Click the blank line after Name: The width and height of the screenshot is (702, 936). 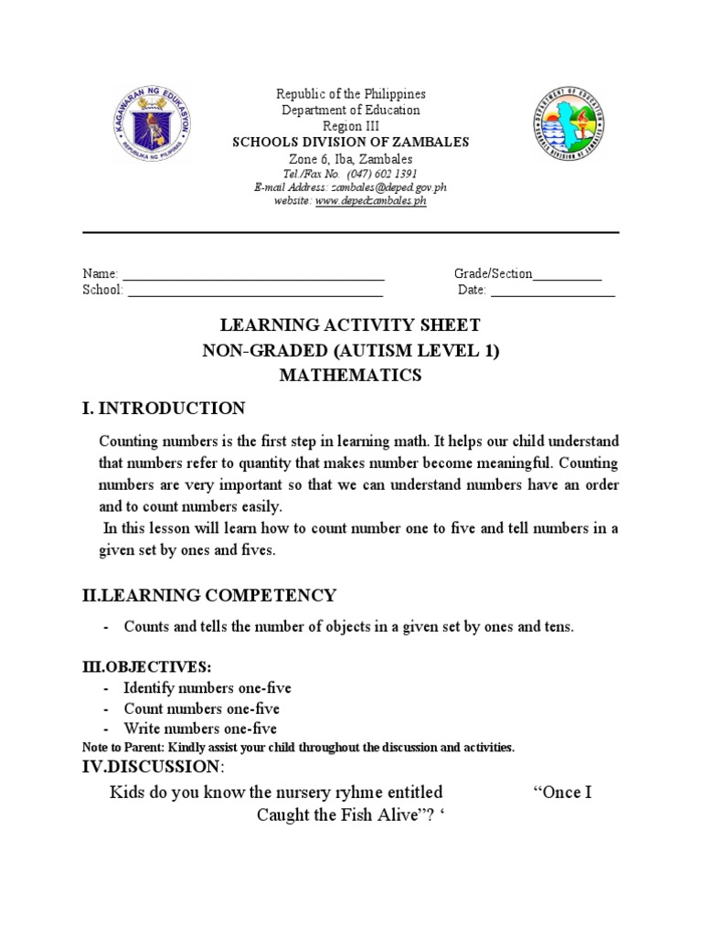[253, 275]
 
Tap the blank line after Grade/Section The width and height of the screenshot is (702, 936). [567, 275]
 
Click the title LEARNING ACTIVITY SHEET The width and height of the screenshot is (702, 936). [351, 326]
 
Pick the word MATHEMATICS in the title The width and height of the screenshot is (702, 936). [351, 375]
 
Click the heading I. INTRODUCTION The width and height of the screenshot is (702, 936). [165, 408]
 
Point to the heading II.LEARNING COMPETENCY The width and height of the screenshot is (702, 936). [209, 596]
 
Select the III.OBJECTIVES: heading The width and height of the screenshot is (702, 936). [147, 668]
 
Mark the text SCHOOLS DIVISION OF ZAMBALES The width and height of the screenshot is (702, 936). [351, 143]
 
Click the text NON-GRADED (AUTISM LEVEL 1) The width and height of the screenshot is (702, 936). [351, 351]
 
